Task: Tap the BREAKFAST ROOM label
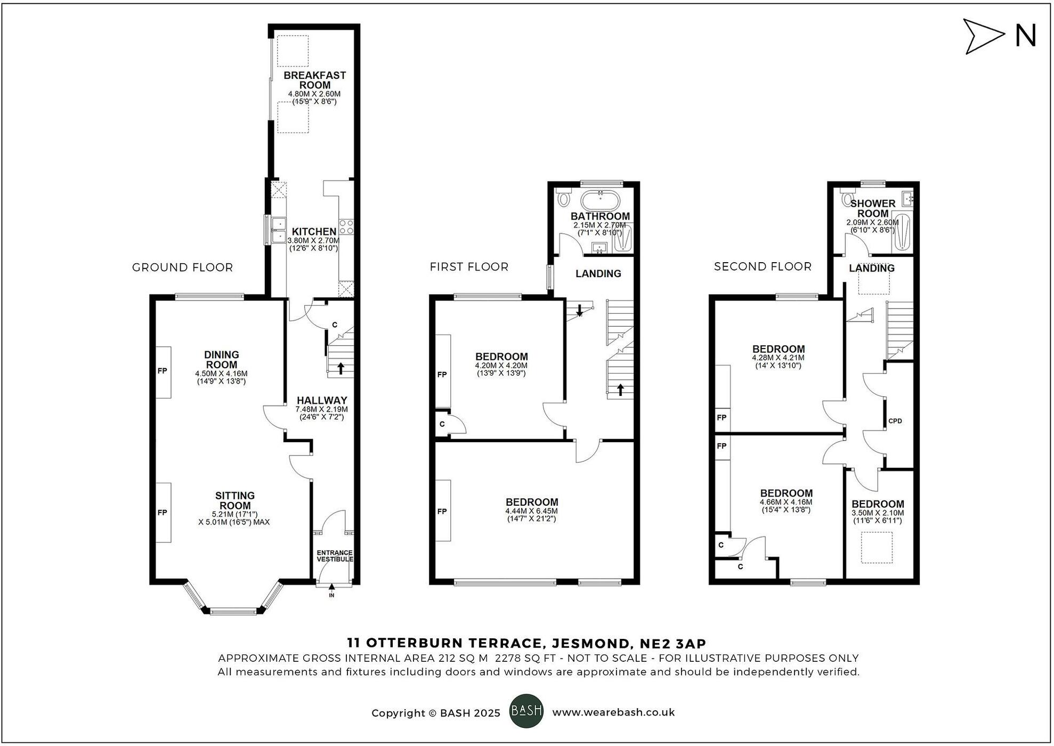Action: pyautogui.click(x=314, y=80)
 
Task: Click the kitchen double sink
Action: pyautogui.click(x=278, y=230)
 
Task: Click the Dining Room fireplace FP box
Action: pyautogui.click(x=163, y=371)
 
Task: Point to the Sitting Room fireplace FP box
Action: pyautogui.click(x=163, y=512)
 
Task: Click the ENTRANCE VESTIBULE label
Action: pyautogui.click(x=335, y=556)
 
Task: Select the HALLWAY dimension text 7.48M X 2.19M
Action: pyautogui.click(x=321, y=409)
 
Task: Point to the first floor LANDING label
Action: pyautogui.click(x=598, y=273)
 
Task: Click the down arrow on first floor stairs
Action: pyautogui.click(x=579, y=310)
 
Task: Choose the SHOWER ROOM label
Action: pyautogui.click(x=872, y=208)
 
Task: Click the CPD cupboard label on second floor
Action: pyautogui.click(x=895, y=421)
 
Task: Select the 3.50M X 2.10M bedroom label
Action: pyautogui.click(x=878, y=513)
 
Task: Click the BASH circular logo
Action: pyautogui.click(x=526, y=711)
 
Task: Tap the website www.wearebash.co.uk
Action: pyautogui.click(x=613, y=712)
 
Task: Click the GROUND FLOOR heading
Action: pyautogui.click(x=182, y=267)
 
